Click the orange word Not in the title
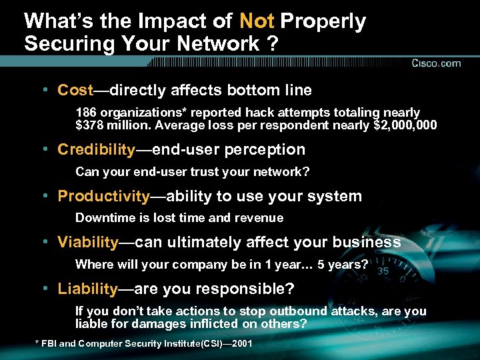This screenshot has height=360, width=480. click(x=257, y=21)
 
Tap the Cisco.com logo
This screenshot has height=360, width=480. click(x=436, y=63)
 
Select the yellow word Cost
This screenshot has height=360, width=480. click(x=75, y=89)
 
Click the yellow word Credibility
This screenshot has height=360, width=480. click(x=96, y=149)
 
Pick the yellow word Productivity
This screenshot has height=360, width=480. click(x=103, y=196)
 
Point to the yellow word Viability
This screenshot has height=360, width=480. click(x=88, y=242)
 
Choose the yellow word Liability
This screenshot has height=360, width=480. click(x=87, y=289)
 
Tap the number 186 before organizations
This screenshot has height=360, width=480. click(x=85, y=113)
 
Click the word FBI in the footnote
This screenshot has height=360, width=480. click(x=49, y=343)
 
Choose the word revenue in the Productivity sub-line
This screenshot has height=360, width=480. click(x=261, y=218)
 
